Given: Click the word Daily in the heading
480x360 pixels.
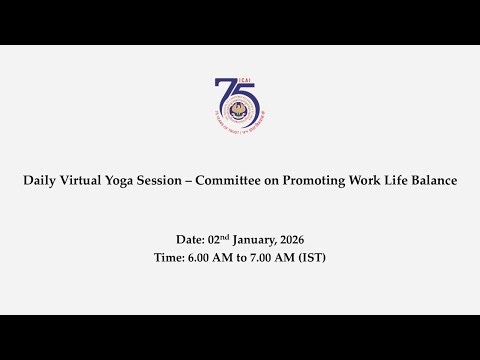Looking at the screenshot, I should click(40, 181).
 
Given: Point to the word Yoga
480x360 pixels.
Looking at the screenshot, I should click(135, 181).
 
